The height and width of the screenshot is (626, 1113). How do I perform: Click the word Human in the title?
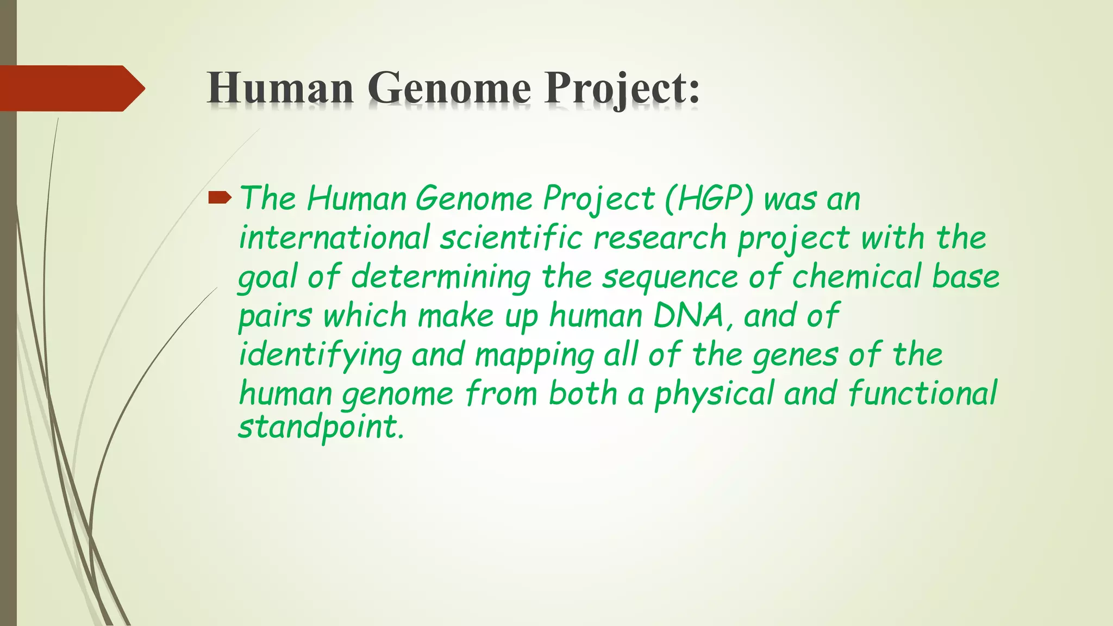(x=280, y=88)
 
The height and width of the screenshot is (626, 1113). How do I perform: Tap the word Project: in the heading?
(x=622, y=88)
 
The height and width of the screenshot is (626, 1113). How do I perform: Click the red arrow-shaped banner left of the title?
(x=71, y=88)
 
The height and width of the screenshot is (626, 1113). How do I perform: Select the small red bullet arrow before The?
(x=220, y=198)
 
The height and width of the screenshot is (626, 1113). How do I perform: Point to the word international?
(x=334, y=238)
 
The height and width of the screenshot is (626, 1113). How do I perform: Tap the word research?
(x=660, y=238)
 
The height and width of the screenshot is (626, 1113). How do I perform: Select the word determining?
(x=440, y=278)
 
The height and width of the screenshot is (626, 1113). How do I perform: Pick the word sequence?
(x=670, y=278)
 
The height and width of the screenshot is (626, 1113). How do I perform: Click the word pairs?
(x=275, y=317)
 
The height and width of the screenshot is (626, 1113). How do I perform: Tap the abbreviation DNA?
(x=689, y=316)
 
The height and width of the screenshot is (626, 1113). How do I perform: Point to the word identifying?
(x=320, y=356)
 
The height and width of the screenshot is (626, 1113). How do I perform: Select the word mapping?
(x=534, y=356)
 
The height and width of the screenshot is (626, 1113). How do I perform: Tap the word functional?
(x=922, y=393)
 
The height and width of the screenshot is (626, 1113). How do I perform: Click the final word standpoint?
(x=321, y=428)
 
